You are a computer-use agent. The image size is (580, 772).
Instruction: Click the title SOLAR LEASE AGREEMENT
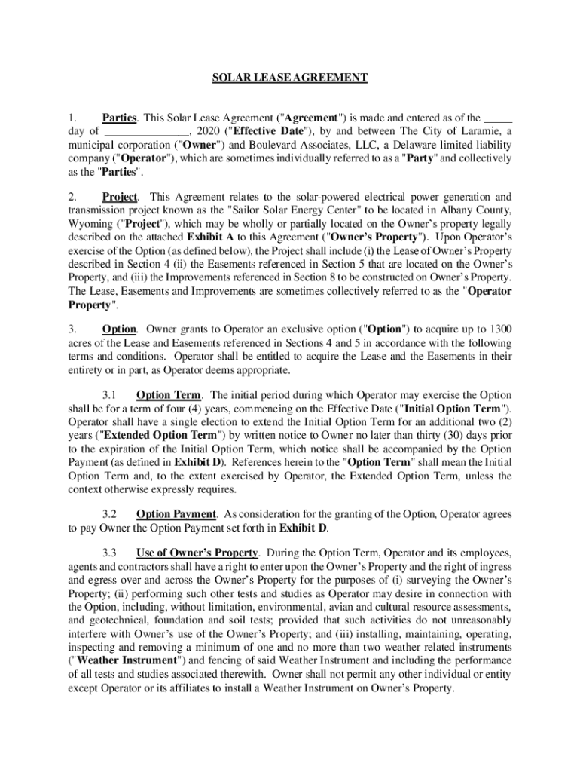point(289,77)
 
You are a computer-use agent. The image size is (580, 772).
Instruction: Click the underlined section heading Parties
point(119,118)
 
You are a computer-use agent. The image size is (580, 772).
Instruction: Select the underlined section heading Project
point(120,197)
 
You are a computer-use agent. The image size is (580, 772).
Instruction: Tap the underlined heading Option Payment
point(176,514)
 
